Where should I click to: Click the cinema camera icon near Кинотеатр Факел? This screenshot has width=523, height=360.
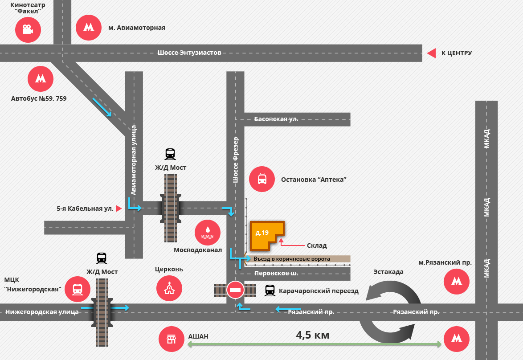tap(28, 30)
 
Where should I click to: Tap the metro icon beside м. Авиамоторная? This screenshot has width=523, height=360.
tap(89, 27)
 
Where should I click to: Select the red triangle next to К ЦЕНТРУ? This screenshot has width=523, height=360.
tap(431, 53)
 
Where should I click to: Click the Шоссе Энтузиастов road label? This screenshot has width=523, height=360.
tap(189, 53)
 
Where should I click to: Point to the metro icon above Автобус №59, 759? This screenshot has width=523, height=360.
tap(41, 79)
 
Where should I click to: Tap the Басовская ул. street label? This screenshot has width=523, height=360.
tap(276, 119)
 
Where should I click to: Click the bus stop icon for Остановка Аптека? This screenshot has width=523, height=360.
tap(262, 179)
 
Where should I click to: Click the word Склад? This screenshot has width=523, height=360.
tap(317, 245)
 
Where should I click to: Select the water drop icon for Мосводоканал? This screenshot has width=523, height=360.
tap(208, 233)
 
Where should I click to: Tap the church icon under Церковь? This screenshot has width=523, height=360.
tap(169, 288)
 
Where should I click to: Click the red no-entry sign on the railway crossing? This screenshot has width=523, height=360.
tap(235, 290)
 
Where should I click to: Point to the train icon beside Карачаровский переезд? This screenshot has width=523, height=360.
tap(270, 290)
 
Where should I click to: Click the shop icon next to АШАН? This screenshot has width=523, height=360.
tap(172, 340)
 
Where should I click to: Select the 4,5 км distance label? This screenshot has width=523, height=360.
tap(312, 335)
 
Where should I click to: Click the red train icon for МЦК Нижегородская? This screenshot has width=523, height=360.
tap(78, 289)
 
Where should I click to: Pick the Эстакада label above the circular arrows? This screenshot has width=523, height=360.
tap(388, 272)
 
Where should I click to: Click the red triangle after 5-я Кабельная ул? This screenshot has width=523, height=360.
tap(119, 208)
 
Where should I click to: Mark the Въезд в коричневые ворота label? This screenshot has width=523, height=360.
tap(292, 259)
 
